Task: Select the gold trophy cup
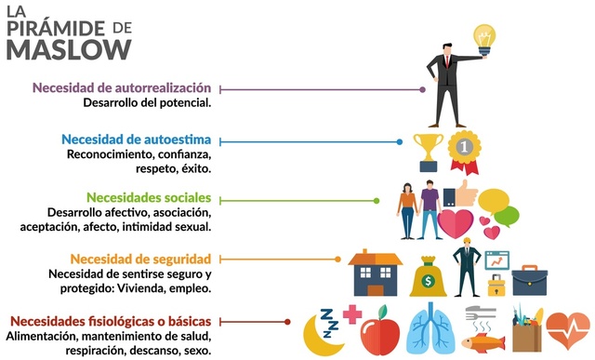point(428,149)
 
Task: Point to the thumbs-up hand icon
point(459,194)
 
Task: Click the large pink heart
point(456,224)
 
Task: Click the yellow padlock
point(496,283)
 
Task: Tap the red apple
point(378,330)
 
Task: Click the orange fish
point(483,341)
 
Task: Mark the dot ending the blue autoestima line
point(400,142)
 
